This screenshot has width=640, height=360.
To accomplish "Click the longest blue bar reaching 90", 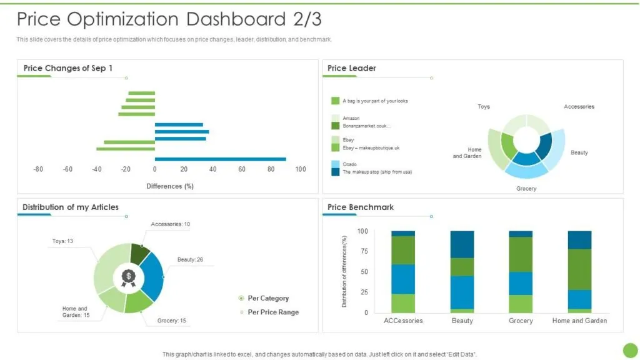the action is (x=221, y=159).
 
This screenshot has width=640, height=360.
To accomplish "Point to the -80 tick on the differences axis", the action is (x=38, y=169).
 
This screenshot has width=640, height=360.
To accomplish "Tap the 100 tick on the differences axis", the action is (x=301, y=169).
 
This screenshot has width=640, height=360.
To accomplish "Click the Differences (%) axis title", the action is (x=170, y=186).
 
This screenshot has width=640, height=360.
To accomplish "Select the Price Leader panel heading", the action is (x=351, y=68).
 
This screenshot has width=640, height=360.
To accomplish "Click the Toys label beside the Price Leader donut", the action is (x=484, y=106).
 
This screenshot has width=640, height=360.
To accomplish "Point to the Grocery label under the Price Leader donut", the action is (x=526, y=189).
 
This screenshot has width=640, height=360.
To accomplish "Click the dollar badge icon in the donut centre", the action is (x=129, y=278).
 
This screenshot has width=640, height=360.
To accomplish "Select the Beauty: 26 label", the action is (x=190, y=259).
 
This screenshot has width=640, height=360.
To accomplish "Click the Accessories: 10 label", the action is (x=170, y=224).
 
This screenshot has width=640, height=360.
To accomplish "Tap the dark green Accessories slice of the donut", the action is (x=139, y=254).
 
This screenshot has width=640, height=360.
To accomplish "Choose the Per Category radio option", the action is (x=264, y=298).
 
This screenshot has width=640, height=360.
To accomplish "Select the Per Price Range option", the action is (x=269, y=312).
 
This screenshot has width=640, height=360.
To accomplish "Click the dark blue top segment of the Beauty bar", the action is (x=462, y=244).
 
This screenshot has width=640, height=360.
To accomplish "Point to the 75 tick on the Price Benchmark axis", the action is (x=364, y=251).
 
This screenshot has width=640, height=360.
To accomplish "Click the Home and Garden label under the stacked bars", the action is (x=579, y=321).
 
